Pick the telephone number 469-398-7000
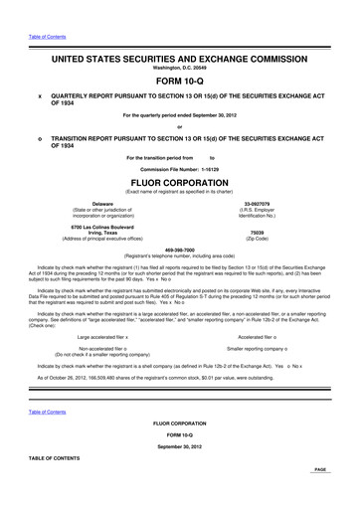[179, 251]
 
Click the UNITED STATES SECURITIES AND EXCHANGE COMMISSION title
[179, 59]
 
